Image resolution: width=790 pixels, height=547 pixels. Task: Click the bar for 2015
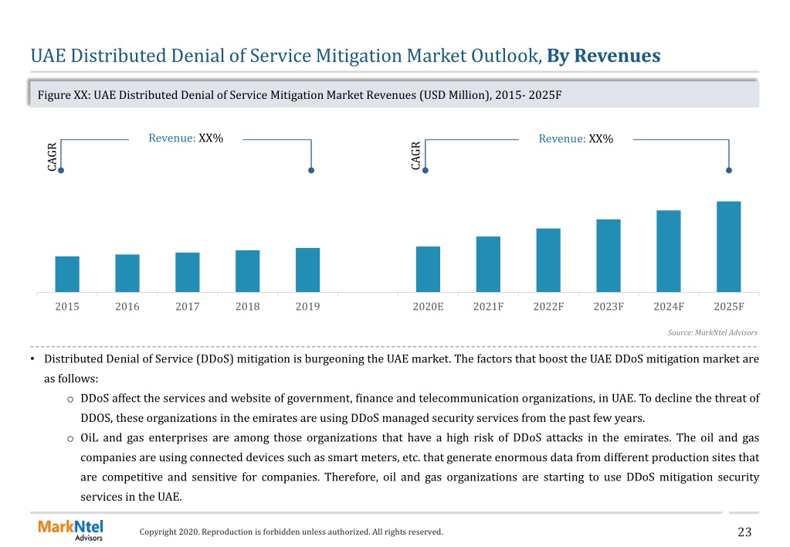pos(67,274)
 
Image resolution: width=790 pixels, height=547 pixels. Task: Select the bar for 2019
pos(308,270)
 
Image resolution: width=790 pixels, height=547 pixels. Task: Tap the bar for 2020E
pos(429,269)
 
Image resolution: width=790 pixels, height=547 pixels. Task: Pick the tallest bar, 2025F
pos(728,247)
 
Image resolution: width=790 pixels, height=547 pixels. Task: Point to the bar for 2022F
pos(548,260)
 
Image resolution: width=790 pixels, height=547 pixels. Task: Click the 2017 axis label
pos(188,307)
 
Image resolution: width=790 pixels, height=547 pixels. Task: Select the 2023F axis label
pos(609,307)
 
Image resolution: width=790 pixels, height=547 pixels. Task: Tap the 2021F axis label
pos(488,307)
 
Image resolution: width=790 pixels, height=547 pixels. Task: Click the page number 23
pos(744,532)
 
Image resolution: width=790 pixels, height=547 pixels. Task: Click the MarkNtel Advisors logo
pos(70,530)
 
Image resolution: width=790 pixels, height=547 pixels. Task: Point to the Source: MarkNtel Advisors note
pos(713,333)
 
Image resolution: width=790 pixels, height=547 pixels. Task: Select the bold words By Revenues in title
pos(604,56)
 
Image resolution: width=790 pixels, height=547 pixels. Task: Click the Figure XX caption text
pos(300,95)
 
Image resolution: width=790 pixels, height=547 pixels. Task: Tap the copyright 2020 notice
pos(291,532)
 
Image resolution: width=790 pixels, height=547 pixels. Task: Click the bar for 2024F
pos(669,252)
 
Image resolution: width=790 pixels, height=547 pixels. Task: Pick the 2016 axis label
pos(127,307)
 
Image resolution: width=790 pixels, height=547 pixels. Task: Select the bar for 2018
pos(248,271)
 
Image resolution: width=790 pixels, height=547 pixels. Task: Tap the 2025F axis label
pos(729,307)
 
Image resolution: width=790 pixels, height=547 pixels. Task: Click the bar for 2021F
pos(488,265)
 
